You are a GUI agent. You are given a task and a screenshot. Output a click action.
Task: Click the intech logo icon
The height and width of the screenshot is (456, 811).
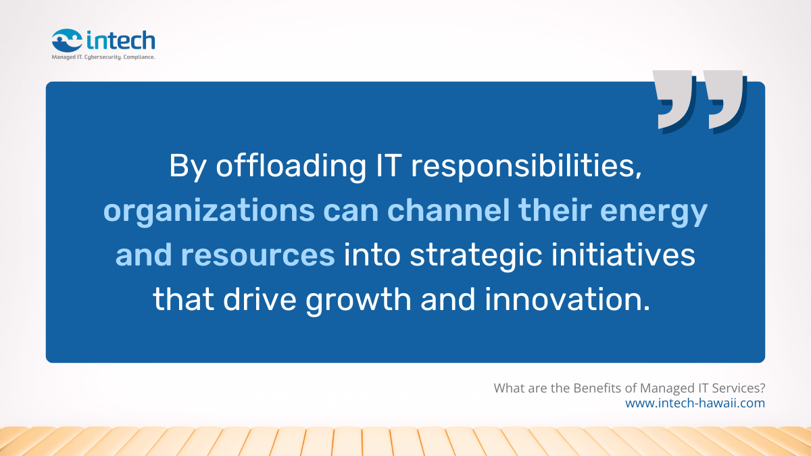pyautogui.click(x=67, y=40)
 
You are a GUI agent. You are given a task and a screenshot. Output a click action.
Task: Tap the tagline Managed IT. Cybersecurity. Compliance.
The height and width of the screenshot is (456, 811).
pyautogui.click(x=103, y=57)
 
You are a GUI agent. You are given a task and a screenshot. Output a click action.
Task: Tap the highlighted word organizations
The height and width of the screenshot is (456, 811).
pyautogui.click(x=208, y=211)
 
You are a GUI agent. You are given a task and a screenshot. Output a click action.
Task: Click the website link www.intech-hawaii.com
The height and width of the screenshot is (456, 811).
pyautogui.click(x=695, y=403)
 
